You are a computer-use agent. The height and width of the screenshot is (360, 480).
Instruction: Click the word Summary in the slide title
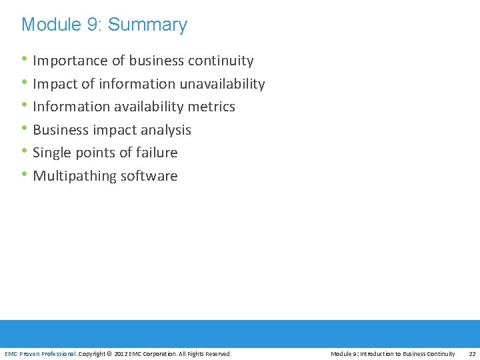(147, 25)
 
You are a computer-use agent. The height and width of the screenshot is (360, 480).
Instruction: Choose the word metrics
(211, 107)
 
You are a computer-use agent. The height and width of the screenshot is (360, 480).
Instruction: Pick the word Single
(51, 153)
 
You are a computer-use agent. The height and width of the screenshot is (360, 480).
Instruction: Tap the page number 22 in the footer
(472, 353)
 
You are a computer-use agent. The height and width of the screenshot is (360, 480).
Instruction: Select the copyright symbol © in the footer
(110, 353)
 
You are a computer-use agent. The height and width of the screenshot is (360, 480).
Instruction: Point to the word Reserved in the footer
(217, 353)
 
